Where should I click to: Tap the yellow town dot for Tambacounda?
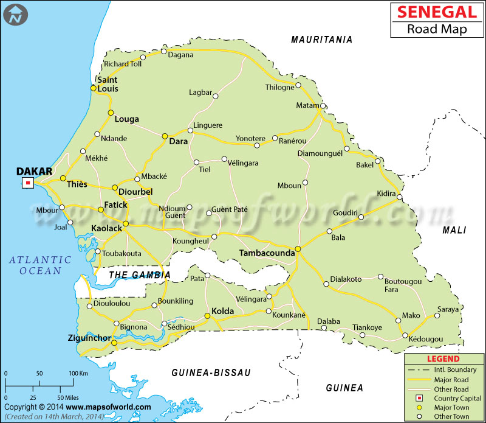pos(298,250)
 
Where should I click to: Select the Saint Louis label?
pos(108,84)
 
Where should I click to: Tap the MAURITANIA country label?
pos(321,40)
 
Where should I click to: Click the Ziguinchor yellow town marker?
pos(114,343)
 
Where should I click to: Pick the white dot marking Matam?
pos(323,106)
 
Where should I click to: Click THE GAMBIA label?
pos(139,275)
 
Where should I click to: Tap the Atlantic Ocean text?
pos(40,265)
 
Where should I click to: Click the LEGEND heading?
pos(443,359)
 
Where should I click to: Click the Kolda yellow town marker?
pos(207,316)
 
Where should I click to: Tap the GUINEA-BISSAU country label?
pos(211,372)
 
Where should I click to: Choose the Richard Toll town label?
pos(123,63)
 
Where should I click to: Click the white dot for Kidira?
pos(399,197)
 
